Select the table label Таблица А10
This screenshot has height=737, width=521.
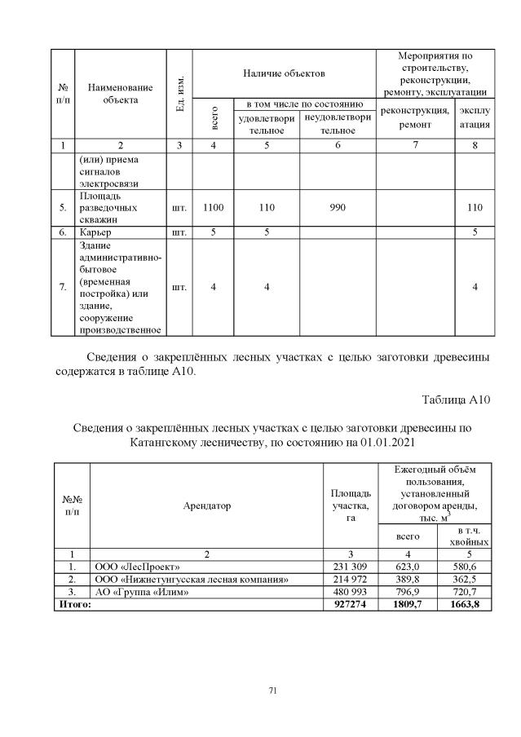(x=455, y=399)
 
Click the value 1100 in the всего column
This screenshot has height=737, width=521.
(x=213, y=208)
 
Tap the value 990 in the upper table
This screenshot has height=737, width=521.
(x=338, y=208)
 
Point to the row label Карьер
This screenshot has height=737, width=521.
(x=95, y=232)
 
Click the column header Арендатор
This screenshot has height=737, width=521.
(x=206, y=505)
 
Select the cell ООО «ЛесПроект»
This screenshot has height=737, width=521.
(x=138, y=567)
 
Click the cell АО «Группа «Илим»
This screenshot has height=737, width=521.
(x=143, y=593)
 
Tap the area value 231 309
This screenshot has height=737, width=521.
(x=351, y=567)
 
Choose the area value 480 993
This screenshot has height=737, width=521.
(x=351, y=593)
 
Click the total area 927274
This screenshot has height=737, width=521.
(x=351, y=605)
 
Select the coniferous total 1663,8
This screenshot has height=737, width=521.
(x=464, y=605)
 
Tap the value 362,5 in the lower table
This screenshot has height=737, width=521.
(x=464, y=580)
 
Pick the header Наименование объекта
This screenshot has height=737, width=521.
(x=121, y=93)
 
